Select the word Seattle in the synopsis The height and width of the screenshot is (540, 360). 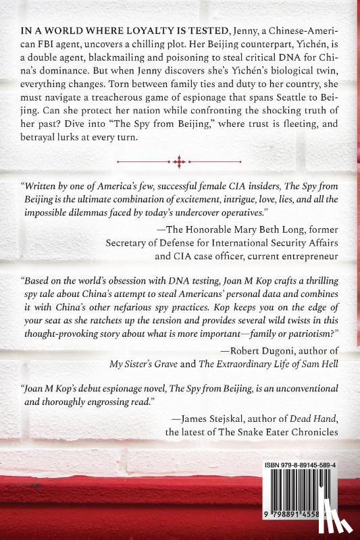286,105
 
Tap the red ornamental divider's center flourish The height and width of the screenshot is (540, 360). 179,161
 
